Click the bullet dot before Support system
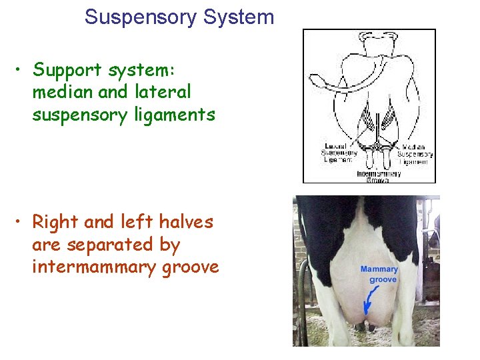[21, 70]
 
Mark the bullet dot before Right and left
[21, 221]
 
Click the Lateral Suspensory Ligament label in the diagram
[340, 153]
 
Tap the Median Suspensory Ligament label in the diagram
[415, 153]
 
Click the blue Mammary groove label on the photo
[379, 275]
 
